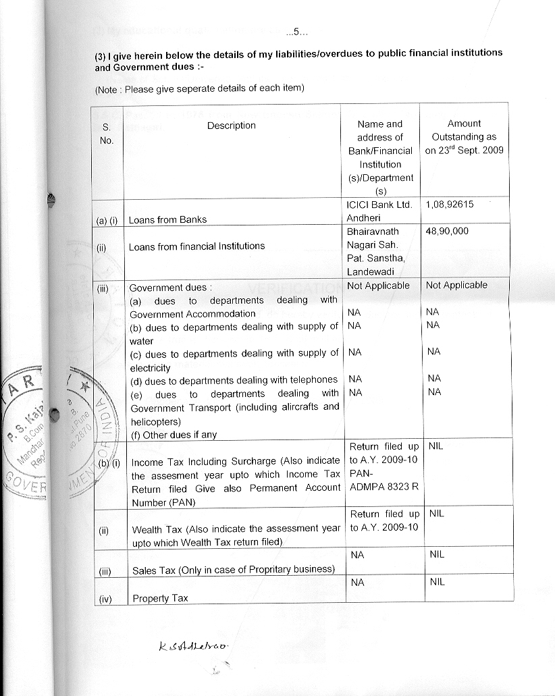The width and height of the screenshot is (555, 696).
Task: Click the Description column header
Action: point(231,126)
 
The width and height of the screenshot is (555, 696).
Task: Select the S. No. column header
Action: point(107,134)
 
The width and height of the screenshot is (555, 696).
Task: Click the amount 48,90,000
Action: point(447,231)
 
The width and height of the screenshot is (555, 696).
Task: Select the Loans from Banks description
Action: point(167,219)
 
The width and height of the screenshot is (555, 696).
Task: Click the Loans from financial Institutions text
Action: point(196,246)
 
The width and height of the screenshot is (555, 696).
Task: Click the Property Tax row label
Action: point(160,598)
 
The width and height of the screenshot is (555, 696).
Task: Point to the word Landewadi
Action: point(370,271)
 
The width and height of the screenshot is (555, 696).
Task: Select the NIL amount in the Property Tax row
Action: point(437,581)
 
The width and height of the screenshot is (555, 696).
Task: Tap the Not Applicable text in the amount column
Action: point(456,286)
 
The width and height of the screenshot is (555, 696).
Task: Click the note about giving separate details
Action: point(200,88)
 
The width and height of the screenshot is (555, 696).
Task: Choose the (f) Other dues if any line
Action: point(173,435)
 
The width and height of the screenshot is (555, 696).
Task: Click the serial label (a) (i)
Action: point(106,219)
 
